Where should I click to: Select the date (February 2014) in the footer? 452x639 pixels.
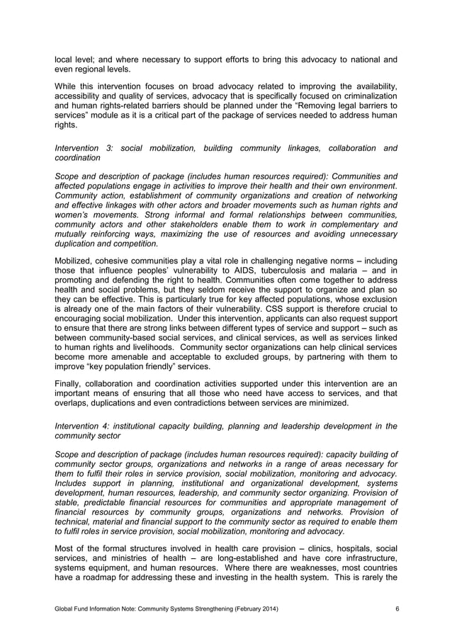(x=252, y=609)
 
